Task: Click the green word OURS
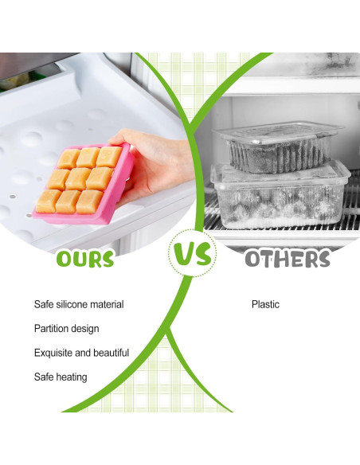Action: (x=85, y=258)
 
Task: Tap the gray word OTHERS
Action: (x=287, y=259)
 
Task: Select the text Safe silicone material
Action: (x=79, y=304)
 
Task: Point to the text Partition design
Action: (x=67, y=328)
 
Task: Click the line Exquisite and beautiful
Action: (x=81, y=353)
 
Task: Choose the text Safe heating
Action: (x=61, y=377)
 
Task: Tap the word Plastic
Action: (x=265, y=304)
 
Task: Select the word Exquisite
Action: (x=53, y=353)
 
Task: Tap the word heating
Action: (x=71, y=377)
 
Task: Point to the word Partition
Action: (x=51, y=328)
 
